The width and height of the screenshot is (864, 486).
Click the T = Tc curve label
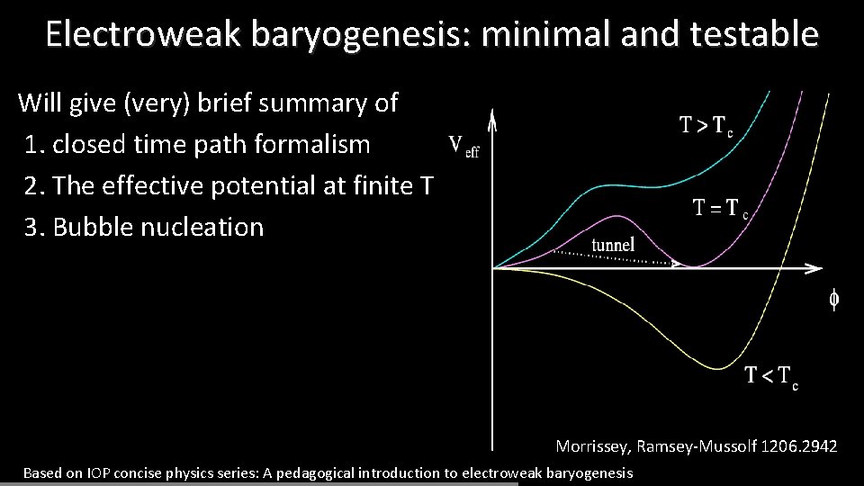(x=720, y=209)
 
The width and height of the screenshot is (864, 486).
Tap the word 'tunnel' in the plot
(x=613, y=244)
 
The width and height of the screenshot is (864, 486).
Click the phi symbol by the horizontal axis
(x=834, y=300)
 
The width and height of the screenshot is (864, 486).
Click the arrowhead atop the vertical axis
(x=492, y=118)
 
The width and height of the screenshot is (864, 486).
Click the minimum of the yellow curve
(x=719, y=367)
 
